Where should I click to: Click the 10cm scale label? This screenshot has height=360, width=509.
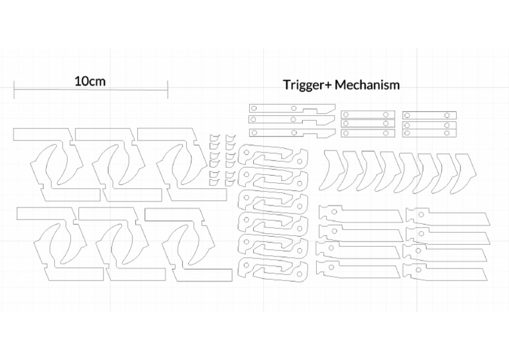point(90,82)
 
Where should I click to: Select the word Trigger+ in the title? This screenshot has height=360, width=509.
point(308,85)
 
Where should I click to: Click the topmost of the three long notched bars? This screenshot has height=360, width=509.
point(292,108)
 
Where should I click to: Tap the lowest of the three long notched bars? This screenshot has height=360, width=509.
point(292,132)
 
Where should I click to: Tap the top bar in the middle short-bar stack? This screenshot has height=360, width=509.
point(368,115)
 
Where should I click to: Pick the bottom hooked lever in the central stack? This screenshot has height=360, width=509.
point(273,268)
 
